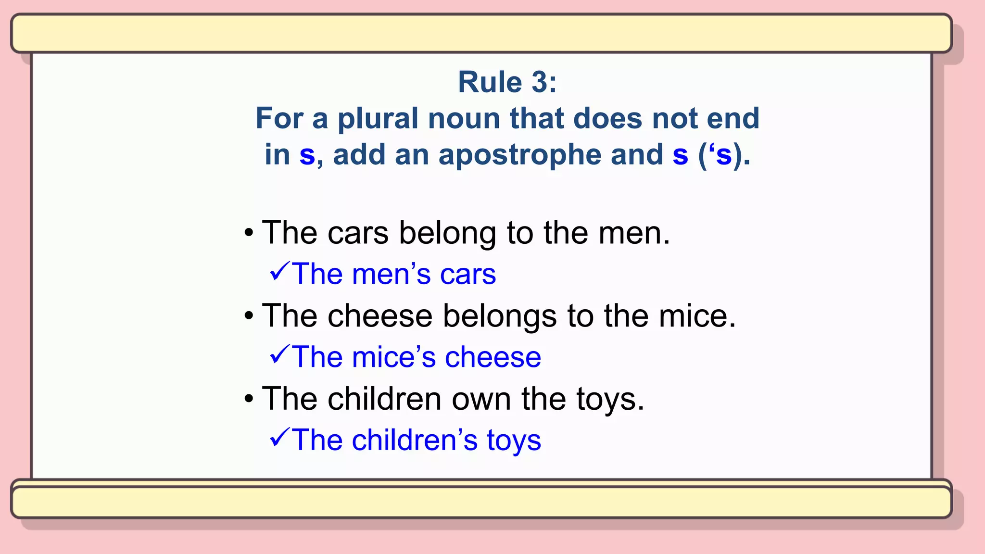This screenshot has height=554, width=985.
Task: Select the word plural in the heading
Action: click(x=378, y=119)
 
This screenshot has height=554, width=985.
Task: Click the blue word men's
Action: click(x=391, y=275)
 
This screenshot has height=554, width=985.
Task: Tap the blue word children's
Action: click(x=414, y=440)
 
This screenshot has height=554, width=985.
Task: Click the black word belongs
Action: click(x=499, y=316)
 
